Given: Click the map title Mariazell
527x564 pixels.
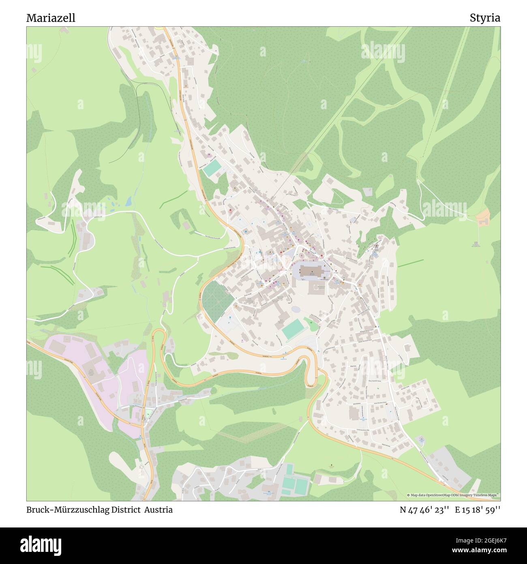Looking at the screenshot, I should (x=51, y=18).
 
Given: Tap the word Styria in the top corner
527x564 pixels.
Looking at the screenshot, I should (x=485, y=18).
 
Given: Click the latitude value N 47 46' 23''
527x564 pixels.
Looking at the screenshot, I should (x=424, y=510).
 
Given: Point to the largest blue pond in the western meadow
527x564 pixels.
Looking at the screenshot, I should (x=129, y=200).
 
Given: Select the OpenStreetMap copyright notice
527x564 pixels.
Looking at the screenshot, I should (x=453, y=495).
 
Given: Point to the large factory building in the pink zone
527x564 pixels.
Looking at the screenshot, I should (x=89, y=367).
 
